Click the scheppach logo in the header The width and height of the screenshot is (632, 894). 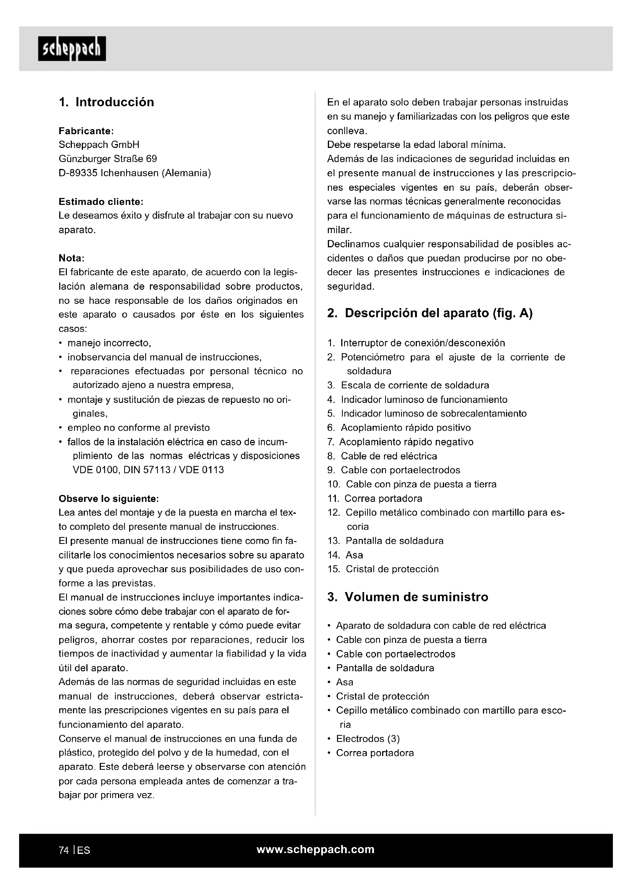coord(72,49)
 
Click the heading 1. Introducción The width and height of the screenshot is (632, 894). coord(106,102)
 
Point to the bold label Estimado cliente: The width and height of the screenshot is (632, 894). coord(101,202)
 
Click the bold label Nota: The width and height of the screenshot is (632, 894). coord(71,258)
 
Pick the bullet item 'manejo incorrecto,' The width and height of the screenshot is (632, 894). coord(109,343)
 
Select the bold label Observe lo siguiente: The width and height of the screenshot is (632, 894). coord(109,499)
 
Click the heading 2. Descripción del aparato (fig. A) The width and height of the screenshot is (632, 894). coord(429,313)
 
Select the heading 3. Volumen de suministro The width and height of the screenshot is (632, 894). coord(407,597)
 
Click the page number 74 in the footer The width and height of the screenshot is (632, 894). coord(64,850)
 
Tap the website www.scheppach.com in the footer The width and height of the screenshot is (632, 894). coord(316,849)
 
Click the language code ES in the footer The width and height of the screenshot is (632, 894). coord(84,850)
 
